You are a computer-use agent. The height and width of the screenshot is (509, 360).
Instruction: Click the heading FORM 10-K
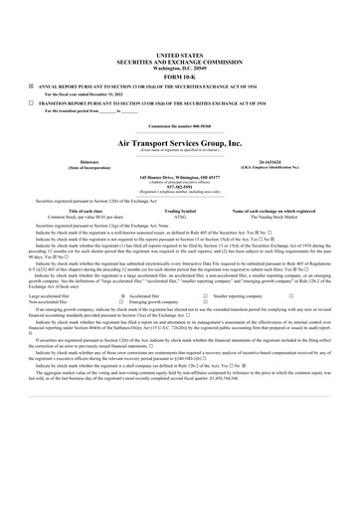click(180, 77)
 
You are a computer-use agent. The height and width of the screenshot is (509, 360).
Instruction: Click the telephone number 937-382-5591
click(180, 187)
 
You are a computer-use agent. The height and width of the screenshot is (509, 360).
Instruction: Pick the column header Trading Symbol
click(180, 212)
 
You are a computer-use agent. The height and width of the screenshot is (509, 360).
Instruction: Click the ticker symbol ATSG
click(180, 218)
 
